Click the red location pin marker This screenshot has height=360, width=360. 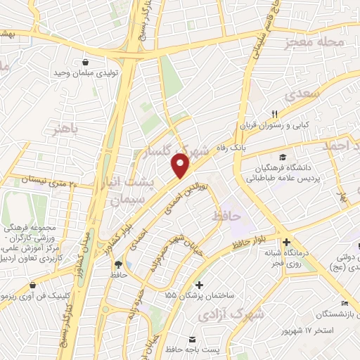(x=181, y=166)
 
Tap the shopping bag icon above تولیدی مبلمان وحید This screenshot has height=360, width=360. (x=86, y=61)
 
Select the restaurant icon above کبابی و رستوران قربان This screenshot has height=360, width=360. (x=275, y=114)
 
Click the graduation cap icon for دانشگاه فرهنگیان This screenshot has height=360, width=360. (x=282, y=157)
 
